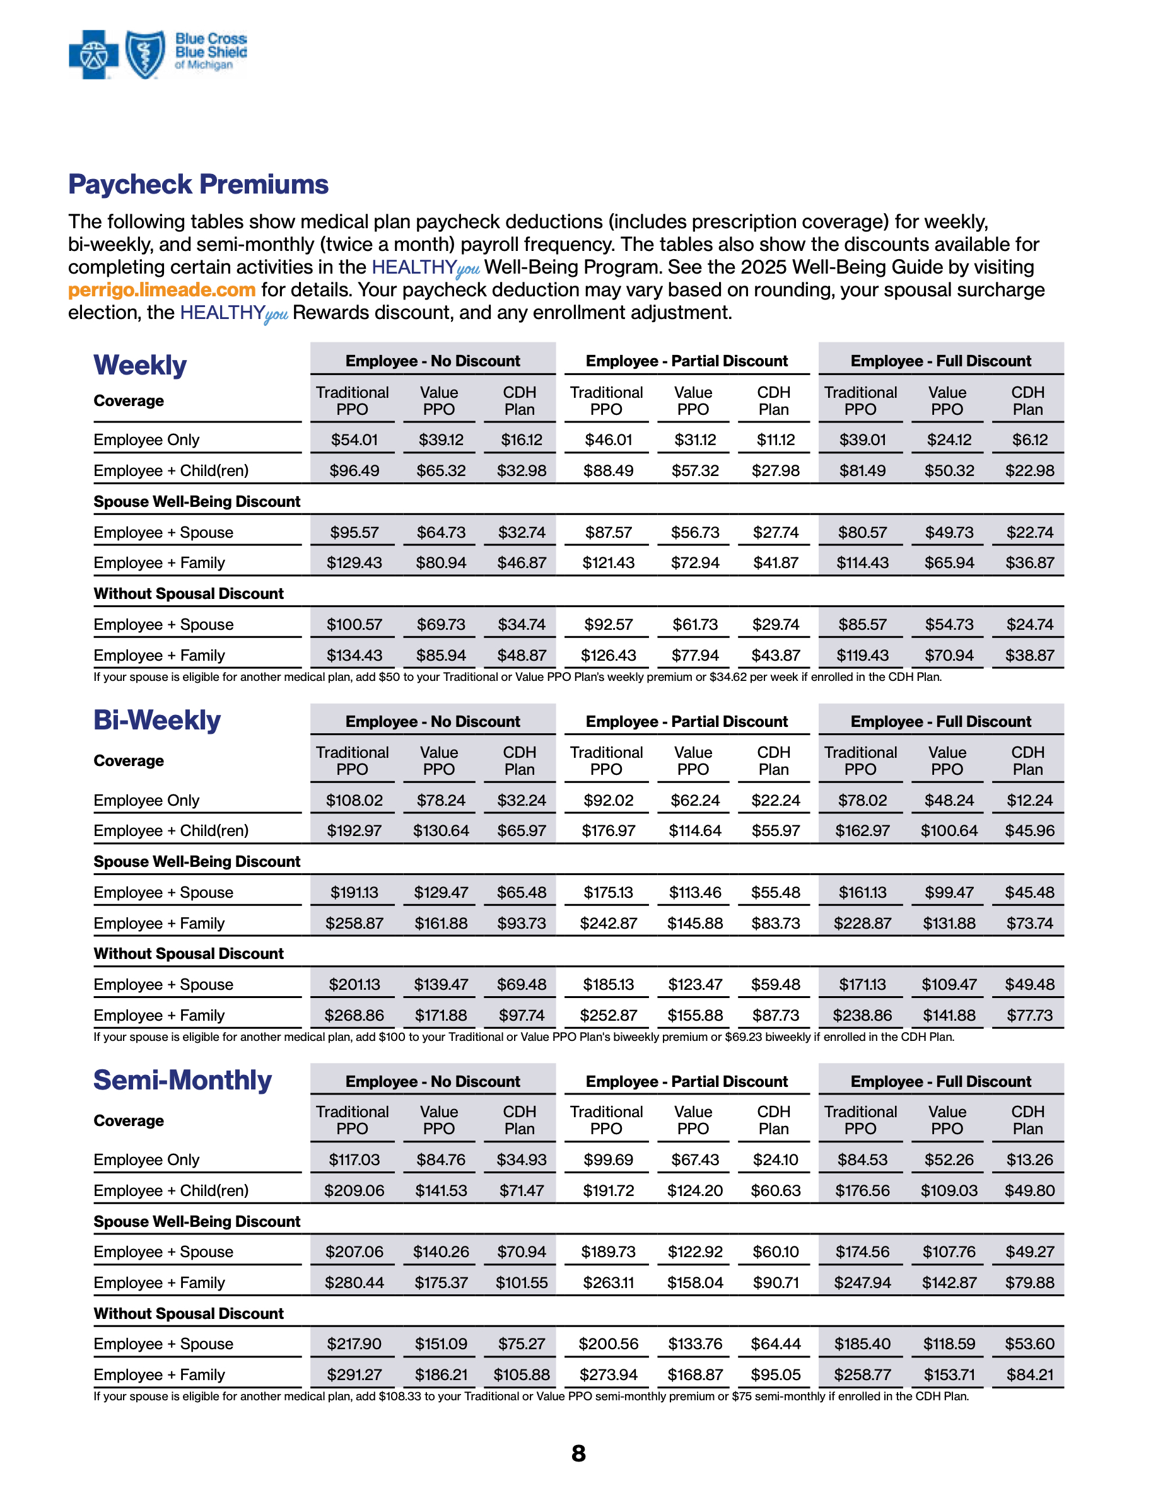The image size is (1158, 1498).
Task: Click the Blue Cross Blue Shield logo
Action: pyautogui.click(x=157, y=54)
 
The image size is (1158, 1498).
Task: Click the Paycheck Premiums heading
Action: pyautogui.click(x=198, y=184)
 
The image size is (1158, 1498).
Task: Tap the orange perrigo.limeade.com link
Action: pyautogui.click(x=161, y=290)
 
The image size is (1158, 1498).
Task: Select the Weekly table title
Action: pyautogui.click(x=140, y=365)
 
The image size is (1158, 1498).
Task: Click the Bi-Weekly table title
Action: pyautogui.click(x=157, y=720)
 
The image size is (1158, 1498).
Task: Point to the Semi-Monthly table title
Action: pyautogui.click(x=182, y=1080)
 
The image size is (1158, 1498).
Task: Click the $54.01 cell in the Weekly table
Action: pyautogui.click(x=354, y=439)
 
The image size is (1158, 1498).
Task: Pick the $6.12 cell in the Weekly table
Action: pyautogui.click(x=1030, y=439)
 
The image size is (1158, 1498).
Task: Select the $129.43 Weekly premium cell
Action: pyautogui.click(x=354, y=563)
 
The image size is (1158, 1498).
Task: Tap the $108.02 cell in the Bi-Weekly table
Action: pyautogui.click(x=354, y=801)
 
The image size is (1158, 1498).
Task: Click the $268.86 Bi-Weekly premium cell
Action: pyautogui.click(x=354, y=1015)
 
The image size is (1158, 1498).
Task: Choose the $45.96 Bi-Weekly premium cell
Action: pyautogui.click(x=1030, y=830)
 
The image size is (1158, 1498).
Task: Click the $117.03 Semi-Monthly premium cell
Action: pyautogui.click(x=354, y=1160)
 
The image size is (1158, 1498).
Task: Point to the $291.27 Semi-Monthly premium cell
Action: pyautogui.click(x=354, y=1374)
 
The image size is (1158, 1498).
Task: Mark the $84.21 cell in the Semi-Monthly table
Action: pyautogui.click(x=1030, y=1374)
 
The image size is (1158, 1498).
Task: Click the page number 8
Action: pyautogui.click(x=578, y=1453)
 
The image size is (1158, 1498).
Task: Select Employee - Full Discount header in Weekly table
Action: pyautogui.click(x=940, y=361)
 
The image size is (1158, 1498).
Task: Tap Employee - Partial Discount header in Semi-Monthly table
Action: pyautogui.click(x=687, y=1082)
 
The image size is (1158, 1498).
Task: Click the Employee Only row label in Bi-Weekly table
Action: pyautogui.click(x=146, y=801)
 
